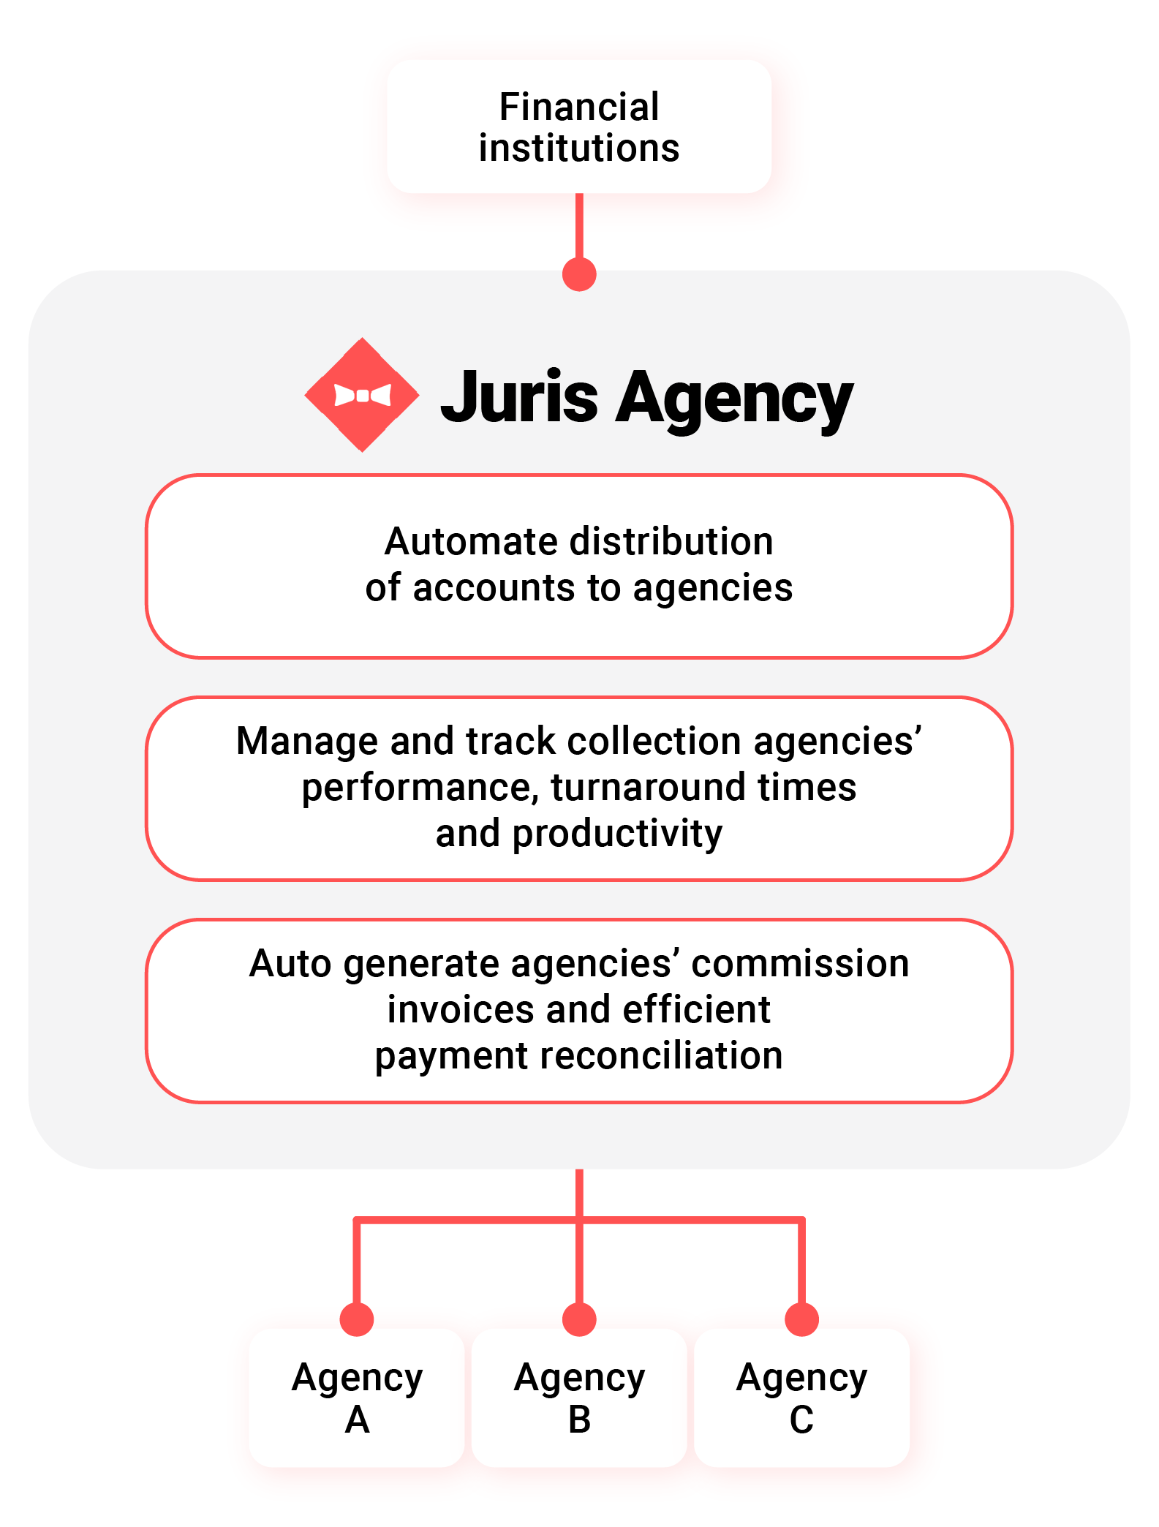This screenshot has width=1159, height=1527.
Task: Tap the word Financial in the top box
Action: point(578,107)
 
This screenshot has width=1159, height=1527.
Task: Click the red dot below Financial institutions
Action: point(579,274)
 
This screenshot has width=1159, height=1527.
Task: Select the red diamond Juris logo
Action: point(362,395)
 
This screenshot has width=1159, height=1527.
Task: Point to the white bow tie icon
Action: point(362,396)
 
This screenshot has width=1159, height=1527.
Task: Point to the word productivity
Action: point(617,834)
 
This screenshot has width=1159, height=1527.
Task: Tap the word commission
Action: point(800,963)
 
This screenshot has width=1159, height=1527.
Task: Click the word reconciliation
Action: point(661,1056)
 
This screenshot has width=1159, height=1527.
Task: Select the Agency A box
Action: point(357,1398)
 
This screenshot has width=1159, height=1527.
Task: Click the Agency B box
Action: point(579,1398)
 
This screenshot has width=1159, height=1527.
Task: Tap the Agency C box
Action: point(801,1398)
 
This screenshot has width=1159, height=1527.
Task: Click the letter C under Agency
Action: point(801,1420)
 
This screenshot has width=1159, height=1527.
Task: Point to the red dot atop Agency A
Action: point(357,1319)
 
